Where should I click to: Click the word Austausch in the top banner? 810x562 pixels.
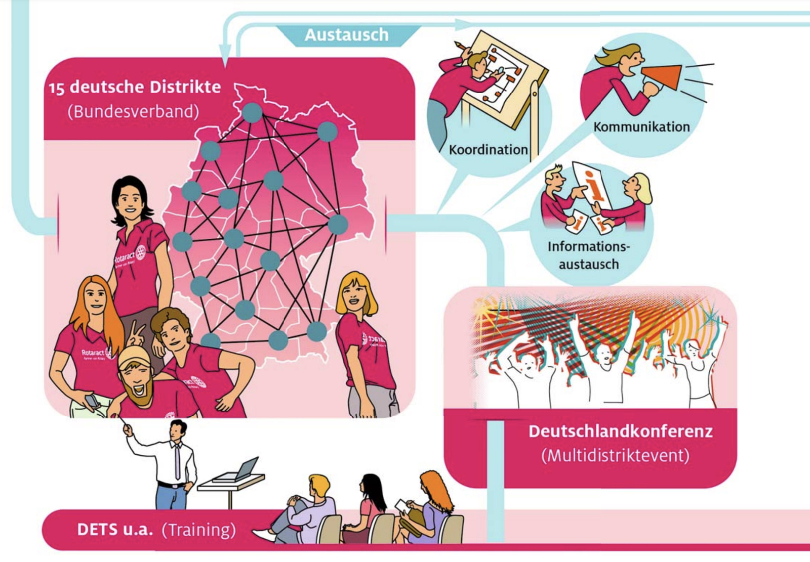346,35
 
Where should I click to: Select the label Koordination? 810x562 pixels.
488,150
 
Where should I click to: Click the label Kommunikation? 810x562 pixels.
641,126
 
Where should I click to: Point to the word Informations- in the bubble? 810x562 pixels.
588,247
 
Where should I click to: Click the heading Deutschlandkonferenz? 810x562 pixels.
620,431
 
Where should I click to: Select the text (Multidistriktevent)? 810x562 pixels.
615,455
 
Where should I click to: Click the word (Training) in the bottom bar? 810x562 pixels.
198,530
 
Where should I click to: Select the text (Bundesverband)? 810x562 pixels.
133,111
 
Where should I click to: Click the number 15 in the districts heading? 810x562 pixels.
56,88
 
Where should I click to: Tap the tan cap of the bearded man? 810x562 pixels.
134,356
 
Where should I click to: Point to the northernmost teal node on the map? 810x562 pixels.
252,112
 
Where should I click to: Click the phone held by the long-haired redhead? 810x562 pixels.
92,401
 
